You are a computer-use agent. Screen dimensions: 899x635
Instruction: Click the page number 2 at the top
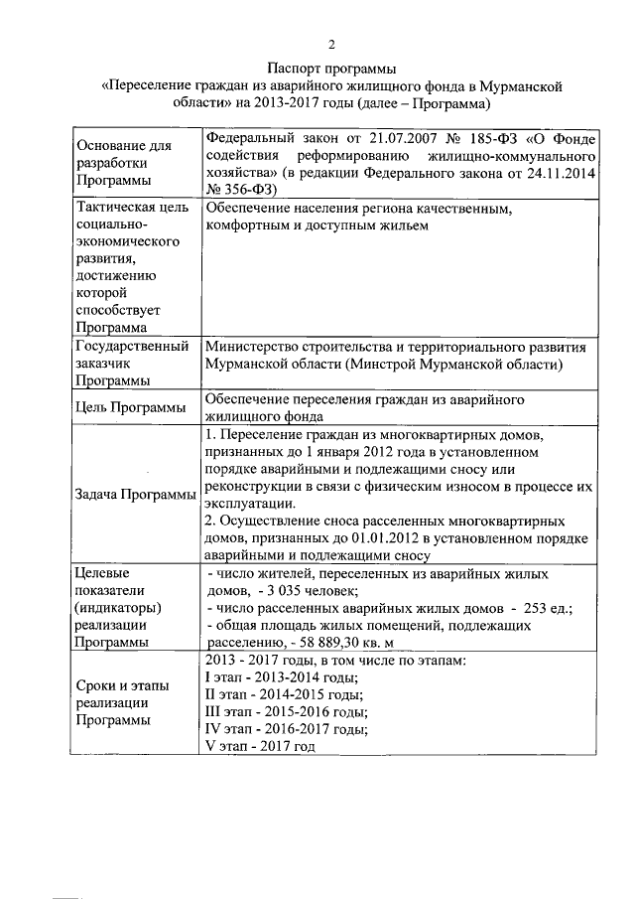click(x=332, y=44)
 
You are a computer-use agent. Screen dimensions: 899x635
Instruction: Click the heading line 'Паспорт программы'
click(x=331, y=69)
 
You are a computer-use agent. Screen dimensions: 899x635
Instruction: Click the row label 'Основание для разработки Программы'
click(x=123, y=163)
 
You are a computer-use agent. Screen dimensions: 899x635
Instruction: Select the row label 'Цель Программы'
click(x=128, y=407)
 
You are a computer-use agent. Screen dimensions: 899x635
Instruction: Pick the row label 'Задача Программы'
click(x=136, y=496)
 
